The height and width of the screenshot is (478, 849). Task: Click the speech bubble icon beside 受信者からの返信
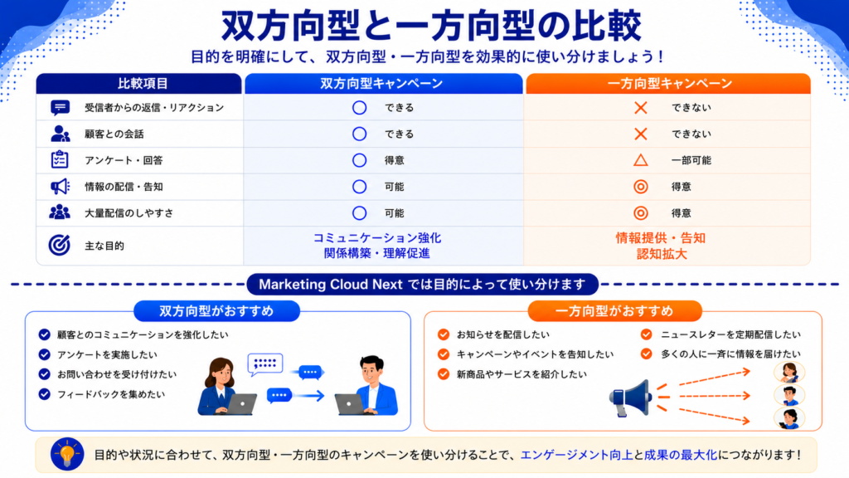click(x=60, y=108)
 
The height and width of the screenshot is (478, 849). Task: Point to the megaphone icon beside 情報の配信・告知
click(x=60, y=187)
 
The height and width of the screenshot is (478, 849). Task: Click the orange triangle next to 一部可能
click(x=641, y=160)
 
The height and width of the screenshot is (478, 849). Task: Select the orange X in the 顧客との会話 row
click(x=641, y=134)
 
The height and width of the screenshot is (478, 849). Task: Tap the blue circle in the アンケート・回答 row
click(x=359, y=160)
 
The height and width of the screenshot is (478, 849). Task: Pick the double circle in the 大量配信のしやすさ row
click(x=641, y=213)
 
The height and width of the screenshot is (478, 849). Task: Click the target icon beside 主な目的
click(x=59, y=245)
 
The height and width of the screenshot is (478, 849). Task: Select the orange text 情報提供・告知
click(x=661, y=238)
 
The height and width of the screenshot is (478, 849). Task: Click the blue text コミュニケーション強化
click(x=377, y=238)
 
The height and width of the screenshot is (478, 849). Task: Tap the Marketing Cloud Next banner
click(x=422, y=284)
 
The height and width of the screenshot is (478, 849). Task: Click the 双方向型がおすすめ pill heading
click(x=216, y=311)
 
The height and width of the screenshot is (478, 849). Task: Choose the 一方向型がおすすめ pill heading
click(x=614, y=311)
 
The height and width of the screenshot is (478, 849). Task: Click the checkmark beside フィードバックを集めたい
click(x=45, y=394)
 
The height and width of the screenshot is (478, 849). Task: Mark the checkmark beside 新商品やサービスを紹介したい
click(x=444, y=374)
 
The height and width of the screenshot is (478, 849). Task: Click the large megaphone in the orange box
click(x=631, y=398)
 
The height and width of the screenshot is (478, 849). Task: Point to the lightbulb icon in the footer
click(x=67, y=454)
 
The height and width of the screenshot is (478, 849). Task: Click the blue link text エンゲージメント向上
click(x=577, y=455)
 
